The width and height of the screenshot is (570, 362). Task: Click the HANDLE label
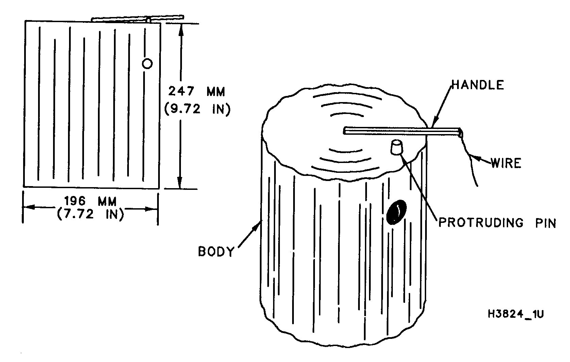478,85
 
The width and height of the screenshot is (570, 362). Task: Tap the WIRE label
506,163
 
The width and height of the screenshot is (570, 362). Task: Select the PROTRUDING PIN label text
497,223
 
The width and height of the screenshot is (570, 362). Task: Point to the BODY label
216,251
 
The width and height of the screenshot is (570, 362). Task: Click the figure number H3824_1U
516,314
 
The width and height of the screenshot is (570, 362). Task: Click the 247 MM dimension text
197,92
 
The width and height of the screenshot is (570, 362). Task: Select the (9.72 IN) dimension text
198,110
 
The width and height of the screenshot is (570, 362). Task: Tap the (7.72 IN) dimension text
90,214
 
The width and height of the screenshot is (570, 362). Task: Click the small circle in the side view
147,63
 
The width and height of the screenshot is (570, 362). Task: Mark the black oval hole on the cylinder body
396,212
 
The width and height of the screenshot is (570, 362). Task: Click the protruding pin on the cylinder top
397,147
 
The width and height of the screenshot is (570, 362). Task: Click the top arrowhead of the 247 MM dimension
181,30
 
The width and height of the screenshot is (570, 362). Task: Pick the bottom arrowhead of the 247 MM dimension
180,183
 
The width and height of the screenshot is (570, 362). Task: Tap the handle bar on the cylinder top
402,131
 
